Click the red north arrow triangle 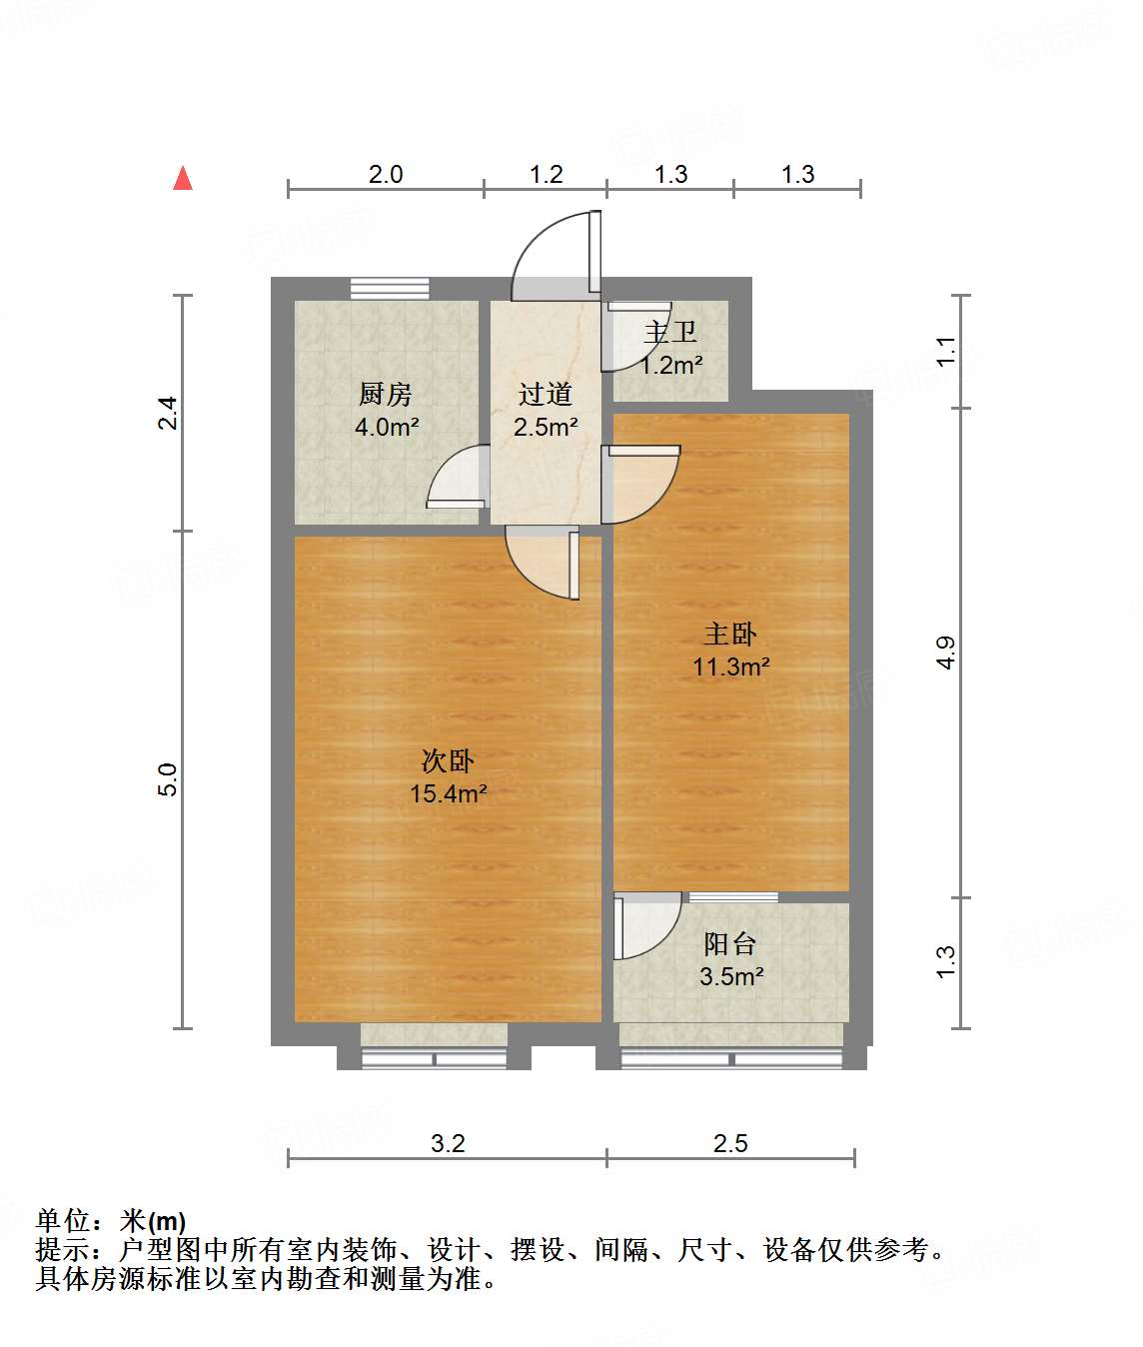point(183,178)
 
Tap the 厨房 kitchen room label point(386,395)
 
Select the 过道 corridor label point(545,395)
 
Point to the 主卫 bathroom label point(670,332)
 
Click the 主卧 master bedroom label point(730,634)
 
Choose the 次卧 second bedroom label point(448,761)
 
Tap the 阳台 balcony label point(730,943)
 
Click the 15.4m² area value point(448,794)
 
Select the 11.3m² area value point(730,667)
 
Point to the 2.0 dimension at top point(386,175)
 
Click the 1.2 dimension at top point(546,175)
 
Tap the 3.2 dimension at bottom point(448,1143)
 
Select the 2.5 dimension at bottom point(730,1143)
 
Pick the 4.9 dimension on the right point(945,653)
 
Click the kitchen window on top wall point(390,288)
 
